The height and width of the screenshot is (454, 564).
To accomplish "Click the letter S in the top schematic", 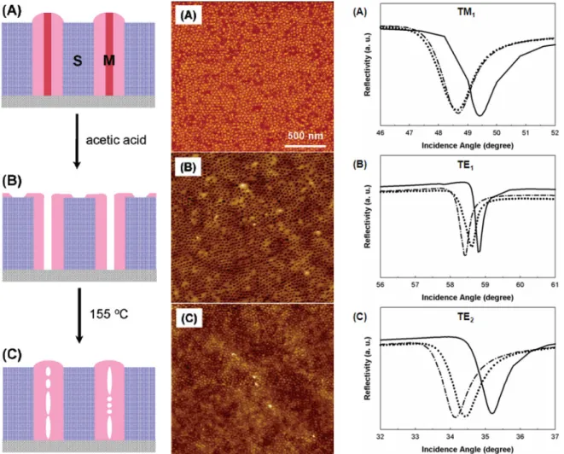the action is point(78,61).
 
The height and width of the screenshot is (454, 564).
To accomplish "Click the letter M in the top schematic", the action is point(109,61).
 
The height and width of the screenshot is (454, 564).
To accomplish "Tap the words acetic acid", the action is point(116,140).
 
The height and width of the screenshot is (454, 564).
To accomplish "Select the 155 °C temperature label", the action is point(108,314).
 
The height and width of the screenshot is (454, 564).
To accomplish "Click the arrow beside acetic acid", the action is point(77,141).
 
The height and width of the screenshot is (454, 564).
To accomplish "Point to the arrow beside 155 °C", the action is point(79,316).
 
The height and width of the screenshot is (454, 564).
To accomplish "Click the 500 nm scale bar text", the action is point(305,136).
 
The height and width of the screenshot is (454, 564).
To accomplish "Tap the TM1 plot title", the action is point(466,12).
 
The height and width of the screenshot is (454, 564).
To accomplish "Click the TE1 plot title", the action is point(466,165).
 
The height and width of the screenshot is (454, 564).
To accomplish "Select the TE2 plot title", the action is point(466,317).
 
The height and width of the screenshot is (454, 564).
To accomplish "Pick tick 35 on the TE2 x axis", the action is point(485,437).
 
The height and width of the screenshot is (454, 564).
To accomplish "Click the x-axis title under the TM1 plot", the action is point(468,145).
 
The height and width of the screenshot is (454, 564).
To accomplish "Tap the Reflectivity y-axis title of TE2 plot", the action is point(367,369).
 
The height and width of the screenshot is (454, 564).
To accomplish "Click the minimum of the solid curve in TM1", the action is point(480,115).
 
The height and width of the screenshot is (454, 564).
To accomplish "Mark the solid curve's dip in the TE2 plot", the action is point(492,413).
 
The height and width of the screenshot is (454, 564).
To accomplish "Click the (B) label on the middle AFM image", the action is point(188,168).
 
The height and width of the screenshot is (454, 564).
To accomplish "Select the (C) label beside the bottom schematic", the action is point(12,355).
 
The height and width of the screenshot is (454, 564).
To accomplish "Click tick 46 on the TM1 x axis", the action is point(381,133).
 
